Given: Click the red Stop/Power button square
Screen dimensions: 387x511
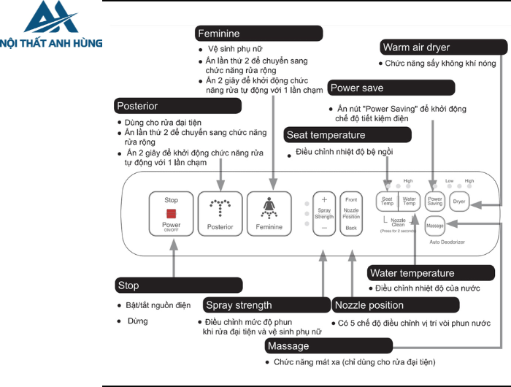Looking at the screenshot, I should pos(171,212).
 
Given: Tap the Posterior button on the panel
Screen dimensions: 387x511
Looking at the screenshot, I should pos(220,213).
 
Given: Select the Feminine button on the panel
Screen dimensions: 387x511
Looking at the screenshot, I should pos(269,213).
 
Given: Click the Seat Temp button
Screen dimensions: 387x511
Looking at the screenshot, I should pos(387,201).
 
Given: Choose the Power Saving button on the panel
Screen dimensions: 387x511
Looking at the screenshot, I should pos(435,201).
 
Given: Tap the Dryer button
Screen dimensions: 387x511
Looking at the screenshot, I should pos(459,201).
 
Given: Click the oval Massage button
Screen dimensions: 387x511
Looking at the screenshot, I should pos(435,225).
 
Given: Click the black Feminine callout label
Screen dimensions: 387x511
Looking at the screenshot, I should pos(259,34).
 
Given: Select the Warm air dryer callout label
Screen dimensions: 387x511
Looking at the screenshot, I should pos(444,47).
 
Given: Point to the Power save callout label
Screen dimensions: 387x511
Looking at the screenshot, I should pos(381,88).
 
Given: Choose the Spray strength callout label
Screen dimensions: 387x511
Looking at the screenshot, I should pos(266,304).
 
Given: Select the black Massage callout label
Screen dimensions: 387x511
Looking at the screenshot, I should pos(328,345).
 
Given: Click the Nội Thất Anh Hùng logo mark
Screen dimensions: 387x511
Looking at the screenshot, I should pos(51,17).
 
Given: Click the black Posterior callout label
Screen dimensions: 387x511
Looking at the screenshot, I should pos(178,106).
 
